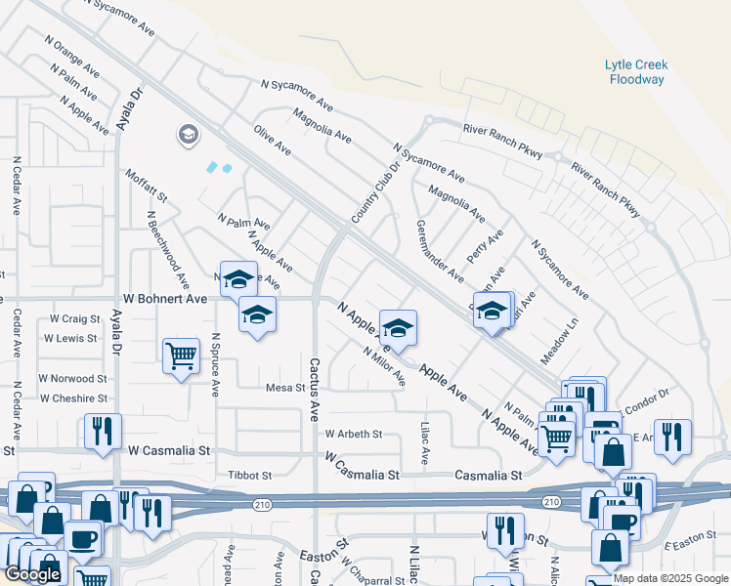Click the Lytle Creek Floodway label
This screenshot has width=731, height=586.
tap(636, 71)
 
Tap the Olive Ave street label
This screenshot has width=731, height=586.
tap(273, 141)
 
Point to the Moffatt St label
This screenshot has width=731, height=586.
tap(147, 186)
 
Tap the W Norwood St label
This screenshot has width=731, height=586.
tap(72, 378)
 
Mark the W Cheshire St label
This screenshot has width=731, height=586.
tap(72, 398)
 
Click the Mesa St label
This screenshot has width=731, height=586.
tap(286, 388)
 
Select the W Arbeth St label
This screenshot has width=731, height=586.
tap(354, 434)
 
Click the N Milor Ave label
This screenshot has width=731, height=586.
tap(383, 366)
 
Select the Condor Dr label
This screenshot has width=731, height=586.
tap(645, 395)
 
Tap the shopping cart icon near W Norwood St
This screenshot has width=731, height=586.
tap(181, 356)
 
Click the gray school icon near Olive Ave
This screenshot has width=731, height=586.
tap(189, 135)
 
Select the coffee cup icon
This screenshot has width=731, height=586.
tap(82, 537)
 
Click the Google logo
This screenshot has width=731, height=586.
tap(32, 574)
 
